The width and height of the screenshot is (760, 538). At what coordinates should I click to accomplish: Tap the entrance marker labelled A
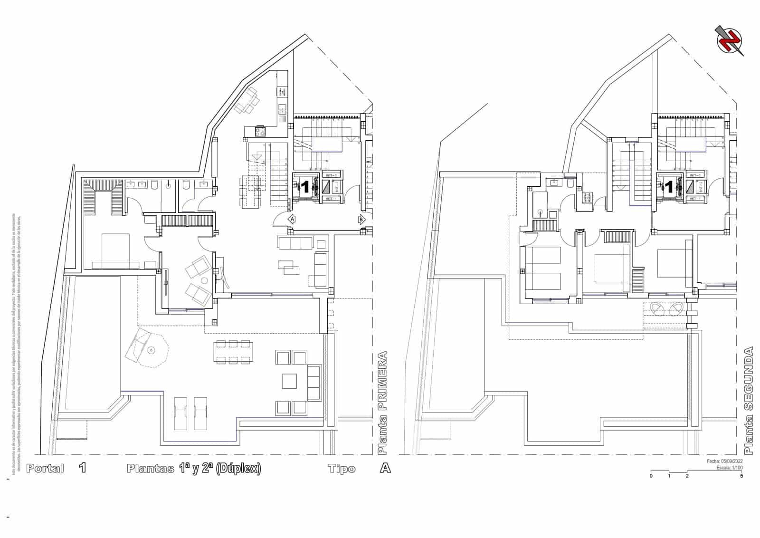pos(292,219)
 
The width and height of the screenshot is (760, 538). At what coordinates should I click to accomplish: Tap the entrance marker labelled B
pos(361,219)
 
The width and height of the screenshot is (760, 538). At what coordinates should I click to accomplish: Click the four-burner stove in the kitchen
pos(260,131)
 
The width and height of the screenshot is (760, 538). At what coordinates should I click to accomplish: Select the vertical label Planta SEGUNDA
pos(749,400)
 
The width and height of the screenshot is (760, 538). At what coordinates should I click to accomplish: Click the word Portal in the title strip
pos(45,468)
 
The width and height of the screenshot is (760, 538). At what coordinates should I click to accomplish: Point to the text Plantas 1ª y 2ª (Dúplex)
pos(194,468)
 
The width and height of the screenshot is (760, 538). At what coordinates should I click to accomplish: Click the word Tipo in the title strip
pos(342,469)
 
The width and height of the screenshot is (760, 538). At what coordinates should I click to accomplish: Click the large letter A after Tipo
pos(385,468)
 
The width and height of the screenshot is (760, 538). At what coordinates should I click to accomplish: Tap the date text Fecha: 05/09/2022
pos(724,461)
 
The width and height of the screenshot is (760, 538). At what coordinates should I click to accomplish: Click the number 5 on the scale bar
pos(741,476)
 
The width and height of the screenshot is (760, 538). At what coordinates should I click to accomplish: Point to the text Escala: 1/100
pos(730,468)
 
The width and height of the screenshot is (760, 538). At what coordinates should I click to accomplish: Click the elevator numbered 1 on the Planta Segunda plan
pos(669,187)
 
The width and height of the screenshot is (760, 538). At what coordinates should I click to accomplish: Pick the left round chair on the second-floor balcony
pos(658,309)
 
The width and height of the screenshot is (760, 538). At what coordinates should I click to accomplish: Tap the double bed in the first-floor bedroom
pos(115,251)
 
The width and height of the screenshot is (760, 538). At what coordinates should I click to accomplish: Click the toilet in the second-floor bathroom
pos(570,183)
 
